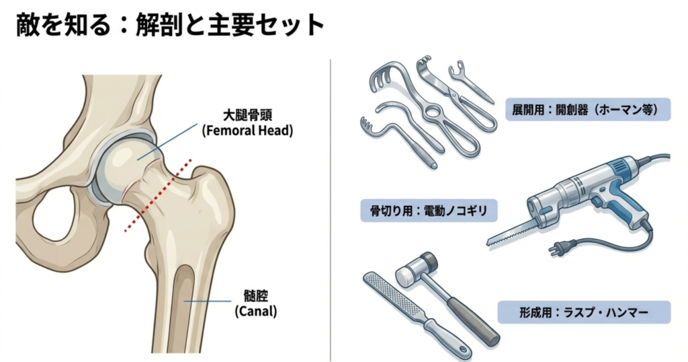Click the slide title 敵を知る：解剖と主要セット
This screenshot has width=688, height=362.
click(x=170, y=25)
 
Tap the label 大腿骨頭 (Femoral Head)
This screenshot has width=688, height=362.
click(x=247, y=122)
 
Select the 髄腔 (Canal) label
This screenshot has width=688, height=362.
click(x=256, y=303)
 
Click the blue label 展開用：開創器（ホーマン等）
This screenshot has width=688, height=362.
click(x=588, y=110)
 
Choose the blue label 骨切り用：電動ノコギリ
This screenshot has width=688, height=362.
click(x=429, y=211)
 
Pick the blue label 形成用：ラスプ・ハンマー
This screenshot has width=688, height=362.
click(x=584, y=312)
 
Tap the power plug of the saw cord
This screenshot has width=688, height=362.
click(x=556, y=249)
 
